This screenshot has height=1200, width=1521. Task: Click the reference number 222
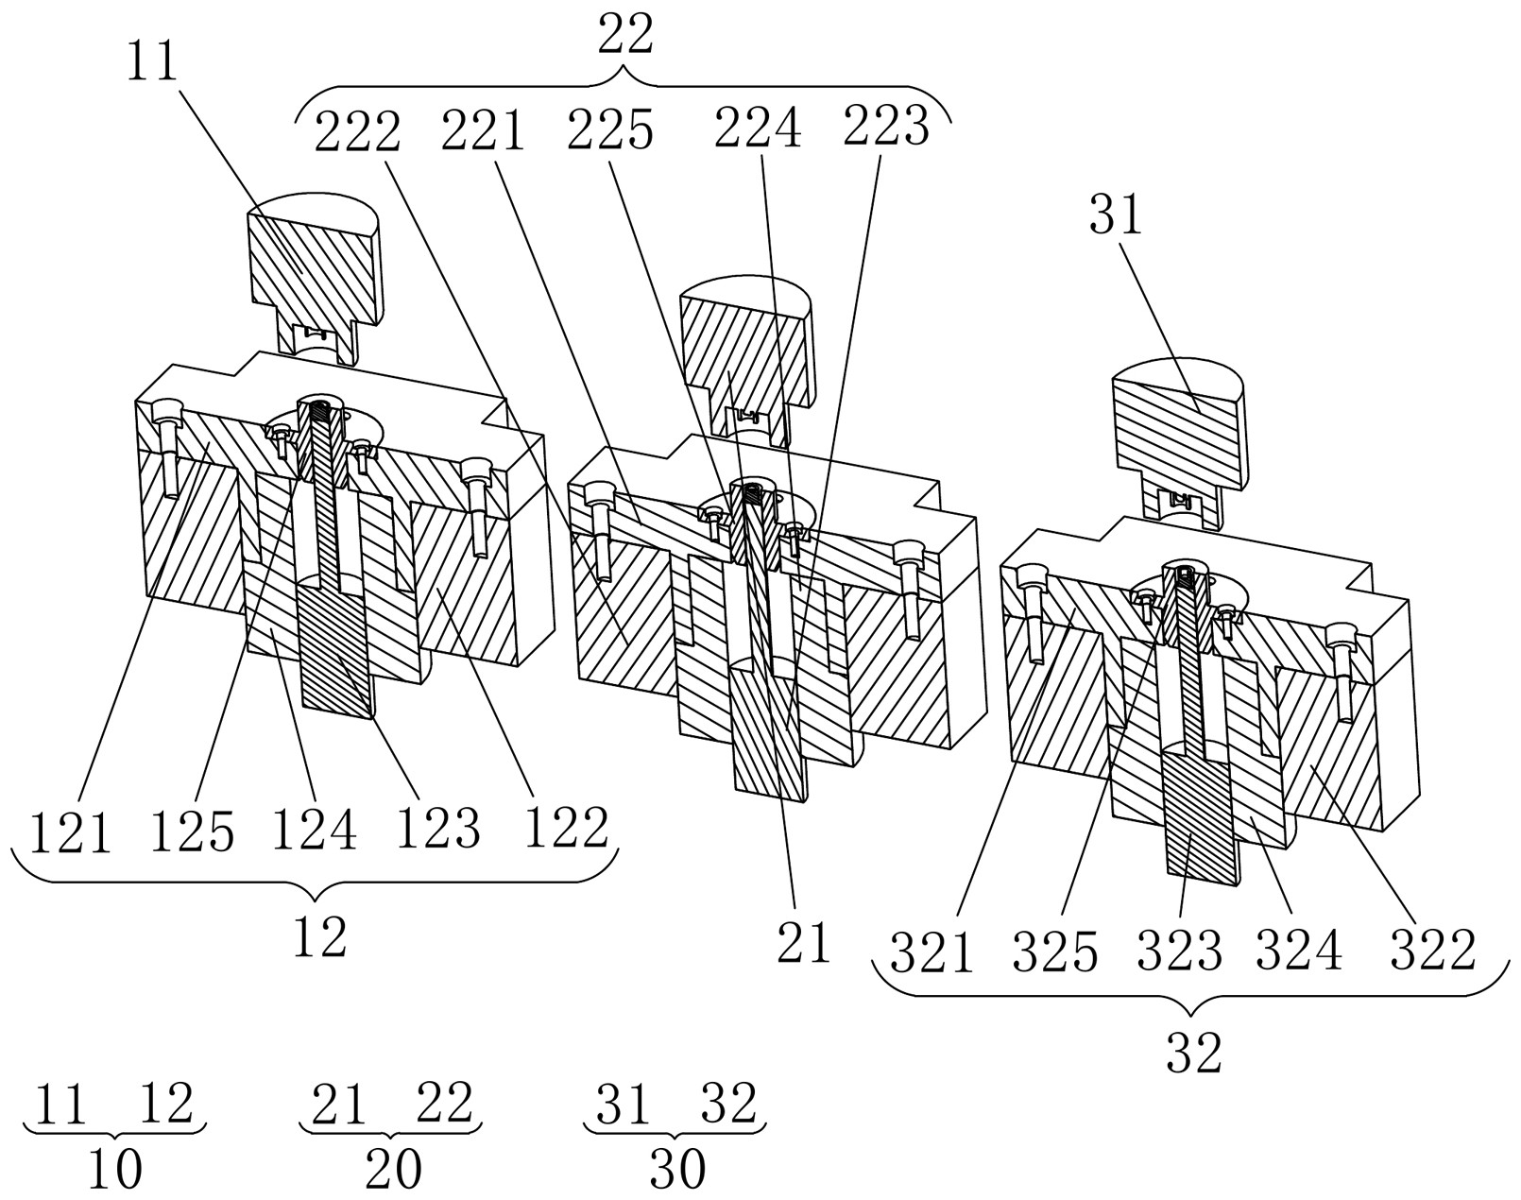click(x=358, y=131)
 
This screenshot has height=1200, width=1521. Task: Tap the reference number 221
click(x=484, y=130)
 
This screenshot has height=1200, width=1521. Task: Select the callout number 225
click(x=610, y=130)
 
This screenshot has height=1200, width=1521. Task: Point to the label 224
click(x=759, y=128)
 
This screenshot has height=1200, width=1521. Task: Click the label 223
click(x=885, y=127)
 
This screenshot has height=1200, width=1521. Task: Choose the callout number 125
click(x=192, y=831)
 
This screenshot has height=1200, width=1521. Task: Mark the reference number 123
click(x=438, y=828)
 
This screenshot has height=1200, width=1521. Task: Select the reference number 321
click(x=931, y=952)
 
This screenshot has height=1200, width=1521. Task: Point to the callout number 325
click(x=1055, y=951)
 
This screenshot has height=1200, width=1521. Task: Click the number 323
click(x=1179, y=950)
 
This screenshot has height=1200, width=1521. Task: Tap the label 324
click(x=1299, y=950)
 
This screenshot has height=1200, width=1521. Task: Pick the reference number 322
click(x=1432, y=949)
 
